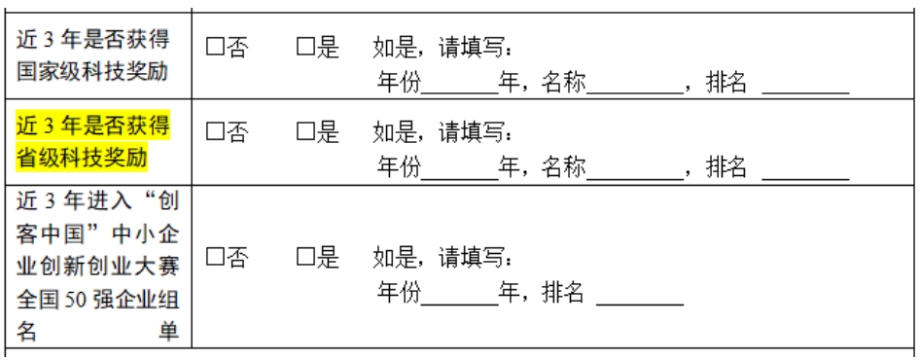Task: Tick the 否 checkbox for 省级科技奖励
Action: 214,129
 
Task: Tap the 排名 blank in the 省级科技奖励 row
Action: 806,166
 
